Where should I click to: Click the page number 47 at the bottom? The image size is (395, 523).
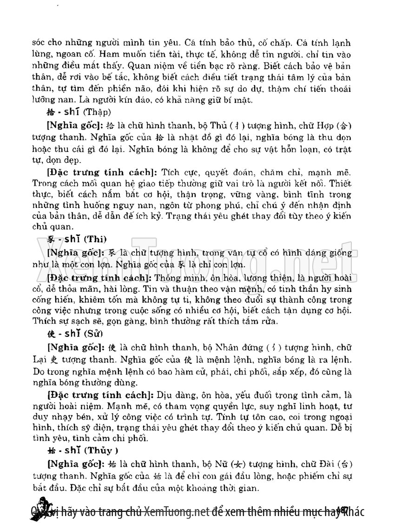[x=344, y=510]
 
